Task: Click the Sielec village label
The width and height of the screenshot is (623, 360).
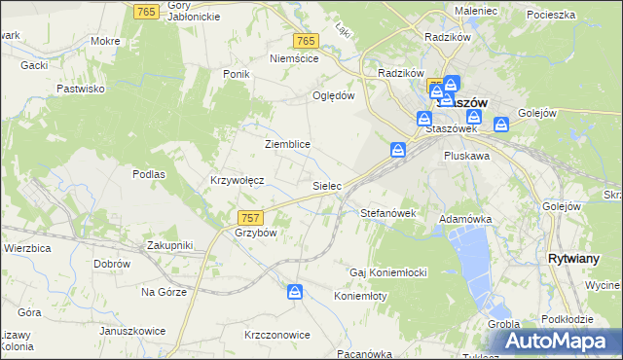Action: [325, 184]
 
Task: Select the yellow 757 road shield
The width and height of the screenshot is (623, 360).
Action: [250, 217]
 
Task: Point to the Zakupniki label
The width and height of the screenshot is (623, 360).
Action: [170, 245]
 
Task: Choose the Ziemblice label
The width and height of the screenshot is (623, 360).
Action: [287, 144]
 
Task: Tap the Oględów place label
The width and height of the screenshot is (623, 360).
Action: [333, 95]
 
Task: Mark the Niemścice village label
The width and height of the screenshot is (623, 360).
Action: [294, 58]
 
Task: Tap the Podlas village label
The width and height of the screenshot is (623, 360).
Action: [149, 174]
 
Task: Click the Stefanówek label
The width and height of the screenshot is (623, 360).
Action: [388, 212]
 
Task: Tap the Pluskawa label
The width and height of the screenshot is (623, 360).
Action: [466, 155]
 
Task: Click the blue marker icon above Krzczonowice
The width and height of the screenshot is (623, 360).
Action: [295, 292]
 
